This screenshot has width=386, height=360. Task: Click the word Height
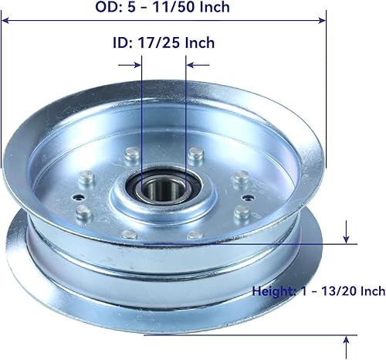click(275, 291)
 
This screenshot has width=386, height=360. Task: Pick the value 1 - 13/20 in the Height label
click(328, 291)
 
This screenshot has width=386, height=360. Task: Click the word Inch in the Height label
click(371, 291)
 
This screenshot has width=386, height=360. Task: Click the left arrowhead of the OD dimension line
click(6, 22)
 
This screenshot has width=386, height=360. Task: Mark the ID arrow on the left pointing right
click(137, 65)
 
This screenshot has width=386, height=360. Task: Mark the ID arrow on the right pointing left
click(191, 65)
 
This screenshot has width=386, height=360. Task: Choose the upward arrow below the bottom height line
click(346, 340)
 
